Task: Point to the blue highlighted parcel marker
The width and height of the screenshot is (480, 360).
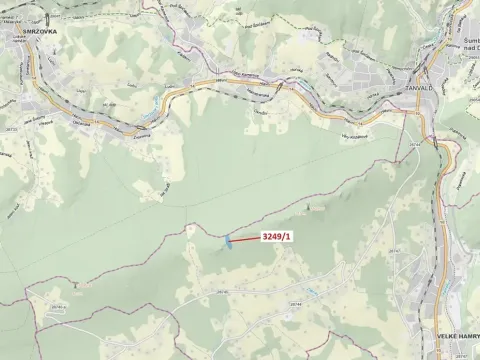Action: pyautogui.click(x=229, y=241)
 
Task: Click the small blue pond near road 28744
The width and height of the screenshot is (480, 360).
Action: pyautogui.click(x=313, y=292)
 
